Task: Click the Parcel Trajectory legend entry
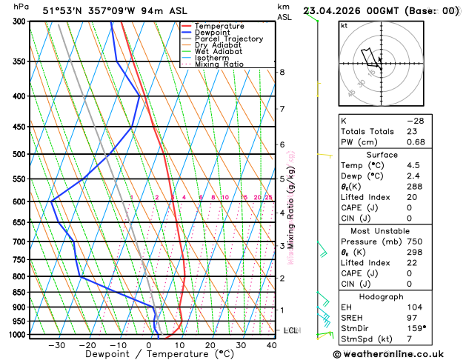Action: pyautogui.click(x=227, y=39)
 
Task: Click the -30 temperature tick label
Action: pyautogui.click(x=57, y=344)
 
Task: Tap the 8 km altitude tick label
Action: pyautogui.click(x=282, y=72)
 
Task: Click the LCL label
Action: pyautogui.click(x=290, y=330)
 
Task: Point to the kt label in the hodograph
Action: pyautogui.click(x=344, y=26)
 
